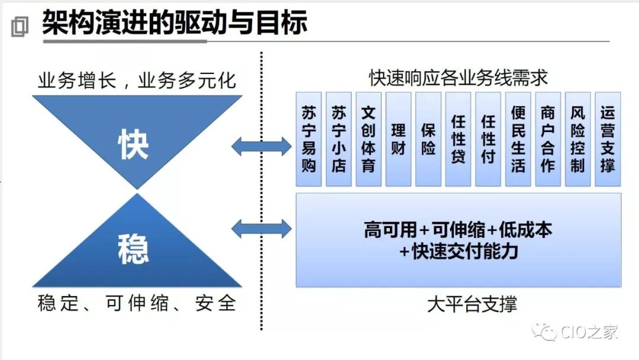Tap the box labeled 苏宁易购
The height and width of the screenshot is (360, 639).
309,139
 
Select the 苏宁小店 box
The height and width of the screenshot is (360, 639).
338,139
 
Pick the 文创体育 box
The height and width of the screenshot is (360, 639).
369,139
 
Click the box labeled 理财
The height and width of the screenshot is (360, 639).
398,139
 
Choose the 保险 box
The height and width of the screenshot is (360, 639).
428,139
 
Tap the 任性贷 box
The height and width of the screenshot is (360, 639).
459,139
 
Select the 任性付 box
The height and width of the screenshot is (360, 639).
488,139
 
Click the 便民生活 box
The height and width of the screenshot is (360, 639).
518,139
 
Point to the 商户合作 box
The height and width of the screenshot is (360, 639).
548,139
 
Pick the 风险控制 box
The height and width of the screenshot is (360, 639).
578,139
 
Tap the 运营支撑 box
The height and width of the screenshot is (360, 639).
608,139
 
